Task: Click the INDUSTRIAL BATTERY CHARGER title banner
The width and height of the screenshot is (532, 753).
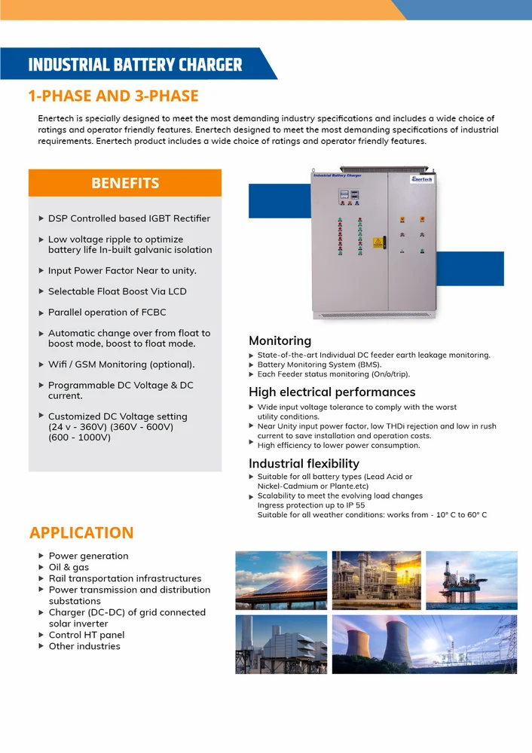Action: (136, 64)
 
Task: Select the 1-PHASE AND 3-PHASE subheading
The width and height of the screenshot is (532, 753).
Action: (113, 96)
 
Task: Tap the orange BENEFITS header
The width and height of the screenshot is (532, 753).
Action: (125, 183)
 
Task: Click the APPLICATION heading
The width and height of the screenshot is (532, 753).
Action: (81, 532)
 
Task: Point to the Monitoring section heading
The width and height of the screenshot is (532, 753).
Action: (280, 340)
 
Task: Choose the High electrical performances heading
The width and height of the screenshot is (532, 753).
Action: (332, 392)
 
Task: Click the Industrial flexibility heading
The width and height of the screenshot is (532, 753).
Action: (304, 463)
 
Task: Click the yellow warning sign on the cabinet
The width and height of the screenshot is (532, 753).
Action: (378, 242)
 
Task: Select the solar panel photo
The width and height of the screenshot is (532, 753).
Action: (281, 580)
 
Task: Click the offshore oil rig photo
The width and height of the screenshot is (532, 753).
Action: (471, 580)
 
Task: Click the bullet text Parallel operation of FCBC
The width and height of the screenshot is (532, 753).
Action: (107, 312)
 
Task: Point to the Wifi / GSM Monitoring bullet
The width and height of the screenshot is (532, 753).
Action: (121, 364)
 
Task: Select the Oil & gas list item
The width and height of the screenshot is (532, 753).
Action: (69, 567)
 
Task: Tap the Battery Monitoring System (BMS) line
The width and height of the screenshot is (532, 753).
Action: (320, 364)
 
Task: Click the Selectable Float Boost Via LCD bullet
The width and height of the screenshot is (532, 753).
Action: (117, 291)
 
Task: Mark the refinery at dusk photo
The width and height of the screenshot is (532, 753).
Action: (376, 580)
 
